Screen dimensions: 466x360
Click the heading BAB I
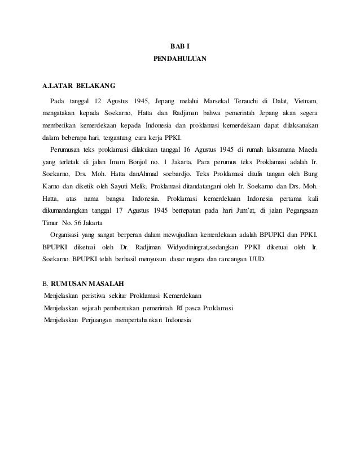[180, 46]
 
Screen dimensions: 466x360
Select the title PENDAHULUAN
[180, 58]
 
